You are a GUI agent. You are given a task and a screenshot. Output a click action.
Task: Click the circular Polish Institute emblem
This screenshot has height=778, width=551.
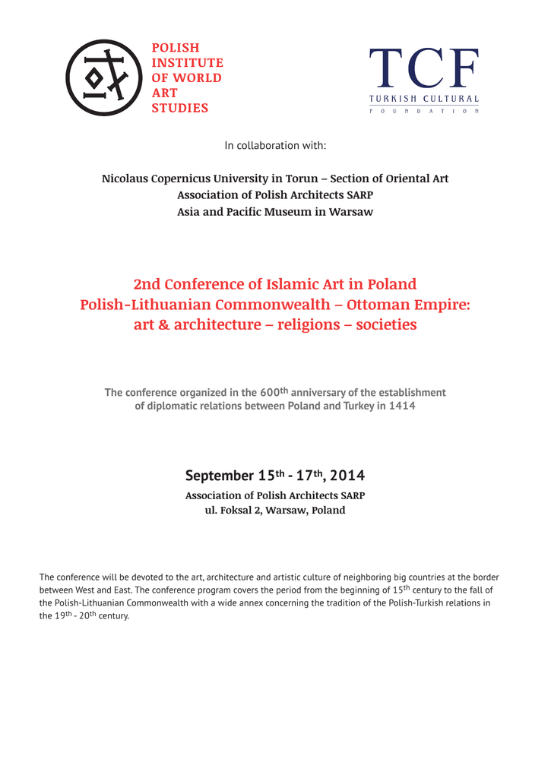coord(104,77)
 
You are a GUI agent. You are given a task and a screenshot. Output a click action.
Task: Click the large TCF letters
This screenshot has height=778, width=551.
coord(424,69)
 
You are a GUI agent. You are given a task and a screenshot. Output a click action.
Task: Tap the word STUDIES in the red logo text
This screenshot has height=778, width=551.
coord(179,108)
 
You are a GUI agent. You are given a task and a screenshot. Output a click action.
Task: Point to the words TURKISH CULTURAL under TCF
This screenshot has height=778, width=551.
coord(424,99)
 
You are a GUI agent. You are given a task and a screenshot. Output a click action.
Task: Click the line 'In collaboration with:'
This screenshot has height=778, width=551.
coord(275,145)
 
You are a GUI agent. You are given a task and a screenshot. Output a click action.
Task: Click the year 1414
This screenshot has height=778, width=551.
coord(403,406)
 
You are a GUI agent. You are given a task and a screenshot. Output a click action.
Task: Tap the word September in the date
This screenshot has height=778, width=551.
coord(219,476)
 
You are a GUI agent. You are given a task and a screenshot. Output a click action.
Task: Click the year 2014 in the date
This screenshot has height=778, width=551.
coord(347,476)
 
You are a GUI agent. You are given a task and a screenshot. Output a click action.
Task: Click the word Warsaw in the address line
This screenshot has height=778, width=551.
coord(286,510)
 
